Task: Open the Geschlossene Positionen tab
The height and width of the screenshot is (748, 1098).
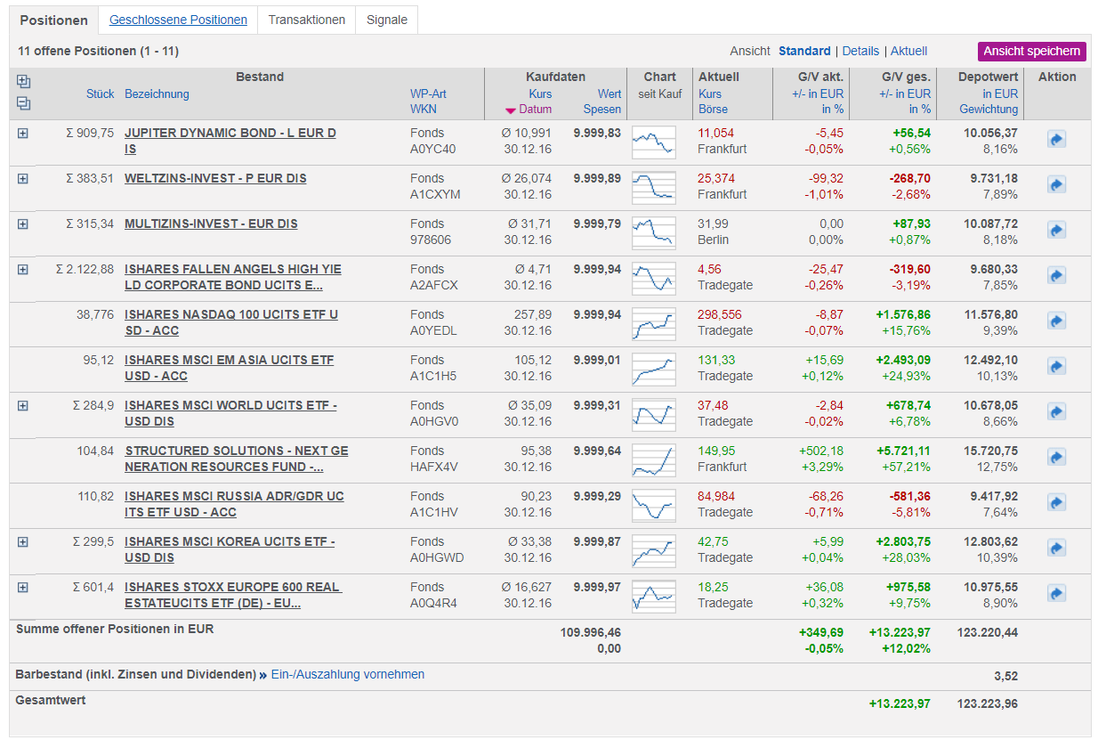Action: click(x=178, y=20)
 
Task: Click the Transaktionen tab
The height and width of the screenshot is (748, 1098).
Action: click(x=306, y=20)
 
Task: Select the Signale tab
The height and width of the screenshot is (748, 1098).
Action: click(x=387, y=20)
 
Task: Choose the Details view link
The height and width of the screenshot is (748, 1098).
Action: click(x=860, y=51)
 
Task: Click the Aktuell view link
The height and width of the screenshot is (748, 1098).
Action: click(x=908, y=51)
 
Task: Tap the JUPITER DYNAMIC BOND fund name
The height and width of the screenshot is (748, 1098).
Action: click(x=230, y=141)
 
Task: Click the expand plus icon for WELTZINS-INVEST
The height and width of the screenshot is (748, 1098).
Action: click(x=22, y=178)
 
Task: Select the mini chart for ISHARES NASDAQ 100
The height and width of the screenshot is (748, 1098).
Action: click(x=653, y=324)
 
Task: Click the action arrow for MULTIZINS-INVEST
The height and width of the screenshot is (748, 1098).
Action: click(x=1056, y=230)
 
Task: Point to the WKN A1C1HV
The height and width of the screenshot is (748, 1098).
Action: click(x=434, y=512)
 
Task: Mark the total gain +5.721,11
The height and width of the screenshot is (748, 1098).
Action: click(x=903, y=451)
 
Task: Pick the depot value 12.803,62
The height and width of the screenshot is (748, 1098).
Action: click(x=990, y=541)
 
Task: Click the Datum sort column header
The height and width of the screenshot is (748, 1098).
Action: click(x=535, y=109)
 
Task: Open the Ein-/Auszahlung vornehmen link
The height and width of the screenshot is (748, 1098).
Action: click(x=348, y=674)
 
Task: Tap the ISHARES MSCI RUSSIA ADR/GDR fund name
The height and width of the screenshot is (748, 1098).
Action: click(x=234, y=504)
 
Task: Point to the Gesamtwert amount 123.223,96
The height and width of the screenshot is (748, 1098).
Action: click(x=987, y=703)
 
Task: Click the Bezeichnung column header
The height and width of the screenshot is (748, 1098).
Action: click(x=157, y=93)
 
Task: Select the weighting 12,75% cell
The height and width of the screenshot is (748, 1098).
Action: click(x=997, y=467)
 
